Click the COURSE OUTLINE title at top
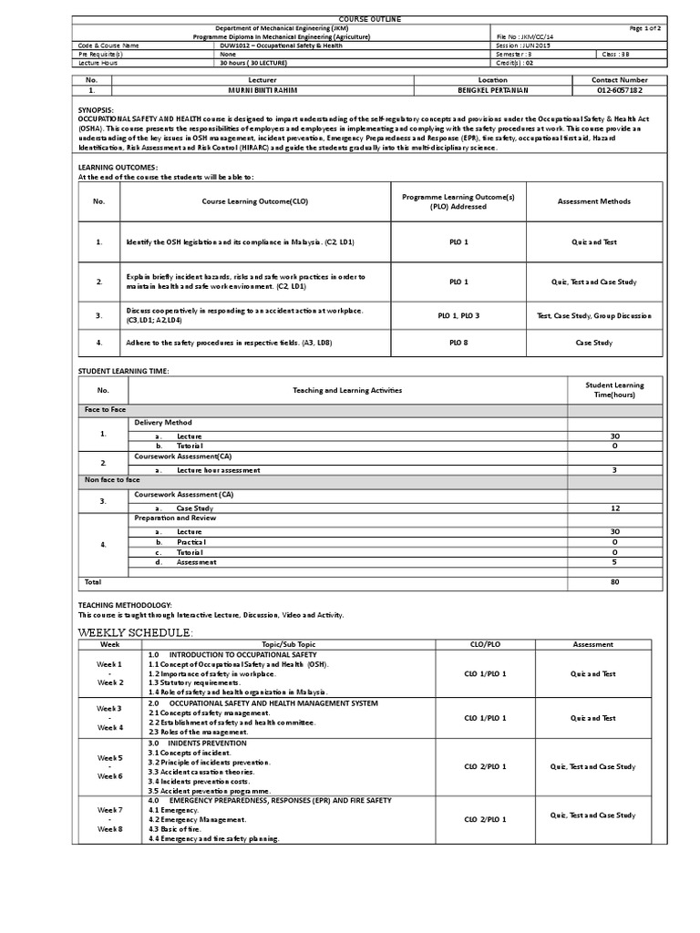pyautogui.click(x=350, y=18)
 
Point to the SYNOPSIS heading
pyautogui.click(x=96, y=108)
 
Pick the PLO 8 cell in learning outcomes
pyautogui.click(x=458, y=343)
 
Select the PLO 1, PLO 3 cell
pyautogui.click(x=458, y=315)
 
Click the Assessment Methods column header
pyautogui.click(x=593, y=201)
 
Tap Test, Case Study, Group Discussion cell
pyautogui.click(x=594, y=315)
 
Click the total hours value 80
pyautogui.click(x=613, y=581)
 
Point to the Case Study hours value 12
pyautogui.click(x=613, y=508)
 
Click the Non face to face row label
pyautogui.click(x=112, y=479)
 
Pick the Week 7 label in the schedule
pyautogui.click(x=109, y=809)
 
